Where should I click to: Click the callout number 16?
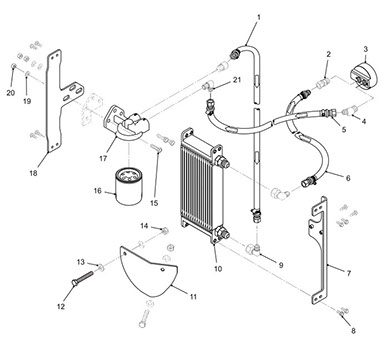click(x=98, y=191)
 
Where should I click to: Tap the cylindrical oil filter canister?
click(x=129, y=186)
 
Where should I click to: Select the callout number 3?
click(x=366, y=49)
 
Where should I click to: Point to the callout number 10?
click(x=218, y=269)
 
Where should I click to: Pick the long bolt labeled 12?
click(x=83, y=278)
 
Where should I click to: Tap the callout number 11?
click(x=193, y=296)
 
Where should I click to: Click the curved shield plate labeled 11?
click(x=149, y=272)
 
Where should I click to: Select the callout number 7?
click(x=349, y=273)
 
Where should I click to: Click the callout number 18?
click(x=33, y=173)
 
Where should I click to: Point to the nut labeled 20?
click(x=14, y=66)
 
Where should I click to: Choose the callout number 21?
click(x=236, y=80)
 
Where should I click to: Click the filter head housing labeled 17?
click(x=126, y=123)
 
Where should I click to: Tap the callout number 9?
click(x=281, y=265)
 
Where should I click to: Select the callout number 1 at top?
click(x=259, y=16)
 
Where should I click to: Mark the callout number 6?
click(x=348, y=178)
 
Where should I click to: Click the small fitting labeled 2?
click(x=323, y=83)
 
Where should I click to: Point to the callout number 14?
click(x=144, y=226)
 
